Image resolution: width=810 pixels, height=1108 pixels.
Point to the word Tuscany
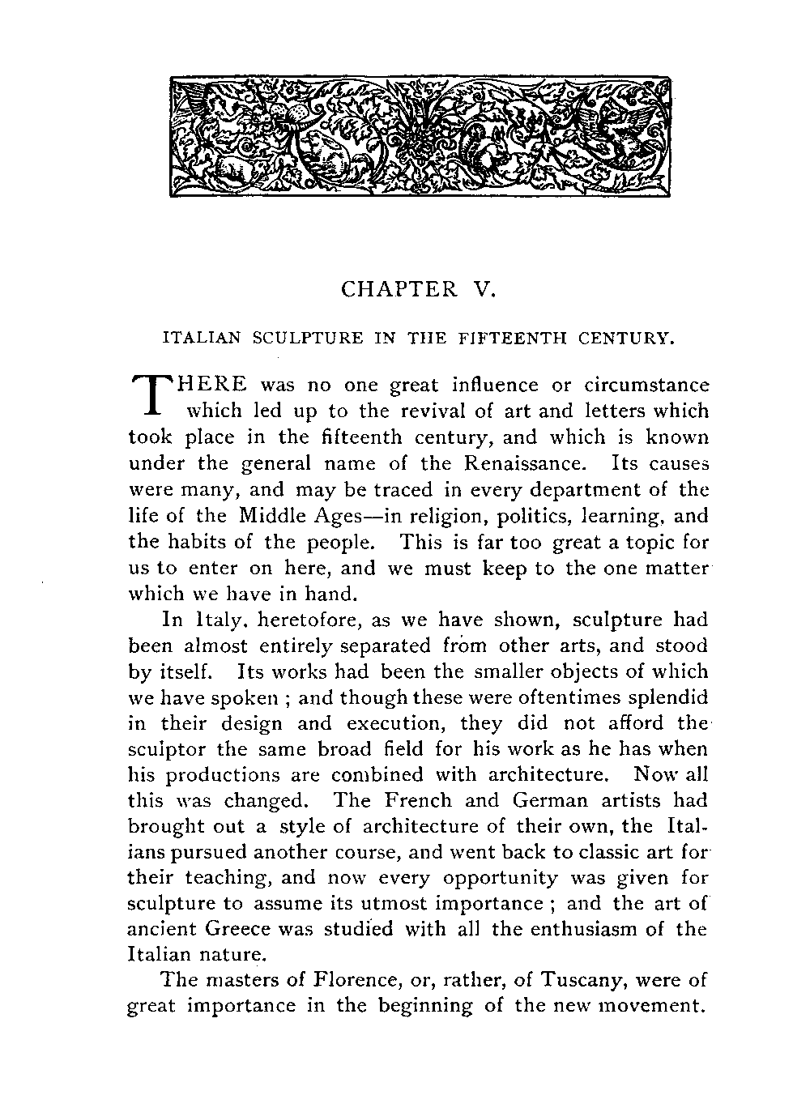581,981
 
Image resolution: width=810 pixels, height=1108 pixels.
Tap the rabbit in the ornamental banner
326,148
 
